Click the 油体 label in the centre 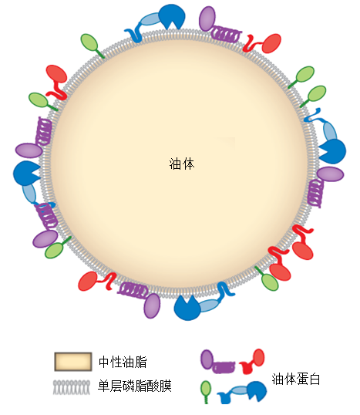click(182, 164)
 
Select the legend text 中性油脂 click(123, 362)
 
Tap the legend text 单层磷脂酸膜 click(135, 386)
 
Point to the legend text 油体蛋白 click(296, 379)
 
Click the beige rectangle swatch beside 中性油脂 click(73, 362)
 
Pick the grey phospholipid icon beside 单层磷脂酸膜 click(72, 387)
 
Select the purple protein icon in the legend click(217, 362)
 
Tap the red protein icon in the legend click(251, 361)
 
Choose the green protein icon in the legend click(206, 392)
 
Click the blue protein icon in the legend click(242, 392)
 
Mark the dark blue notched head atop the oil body click(172, 17)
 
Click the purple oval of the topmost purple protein click(207, 19)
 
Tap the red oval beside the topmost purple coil click(271, 43)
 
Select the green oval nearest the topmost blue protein click(89, 43)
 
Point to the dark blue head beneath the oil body click(187, 308)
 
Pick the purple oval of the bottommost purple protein click(152, 306)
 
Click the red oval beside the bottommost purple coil click(89, 281)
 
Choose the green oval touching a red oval click(270, 282)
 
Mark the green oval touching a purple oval click(54, 251)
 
